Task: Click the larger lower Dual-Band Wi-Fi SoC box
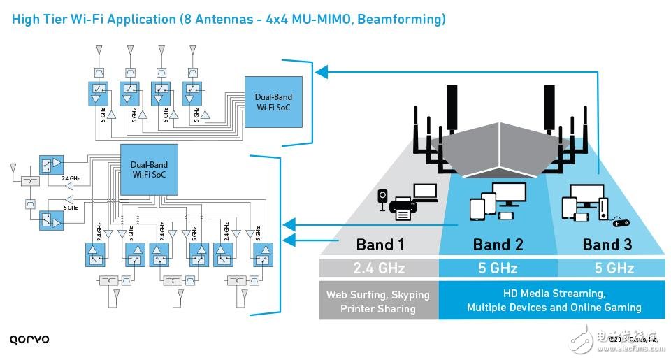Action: click(149, 170)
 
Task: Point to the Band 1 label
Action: click(380, 245)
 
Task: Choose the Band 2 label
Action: click(497, 245)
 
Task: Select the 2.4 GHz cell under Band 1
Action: click(380, 268)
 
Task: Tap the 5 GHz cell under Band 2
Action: click(497, 268)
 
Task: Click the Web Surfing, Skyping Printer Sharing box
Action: click(380, 301)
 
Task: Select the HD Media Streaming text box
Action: click(554, 301)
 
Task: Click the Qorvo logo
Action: click(29, 340)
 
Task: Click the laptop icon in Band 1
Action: click(425, 193)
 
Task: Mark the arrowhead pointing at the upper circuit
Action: click(319, 71)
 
